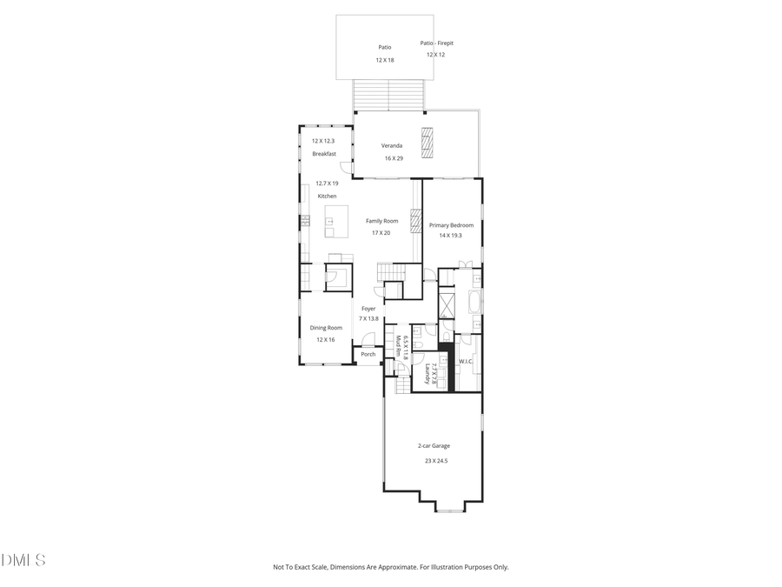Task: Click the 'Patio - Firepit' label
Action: [437, 43]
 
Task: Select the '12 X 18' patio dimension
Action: [385, 60]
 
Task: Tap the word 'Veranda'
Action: [390, 146]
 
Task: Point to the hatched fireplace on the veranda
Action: [427, 143]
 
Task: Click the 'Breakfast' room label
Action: [324, 154]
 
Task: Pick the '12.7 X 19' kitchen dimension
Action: [327, 183]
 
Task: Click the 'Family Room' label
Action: [381, 221]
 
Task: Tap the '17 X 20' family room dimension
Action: [381, 233]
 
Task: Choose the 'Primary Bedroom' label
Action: [451, 225]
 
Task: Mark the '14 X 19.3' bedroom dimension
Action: [451, 236]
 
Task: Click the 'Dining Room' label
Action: [326, 328]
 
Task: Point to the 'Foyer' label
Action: [368, 308]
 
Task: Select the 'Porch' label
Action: [368, 354]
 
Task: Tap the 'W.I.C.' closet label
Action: [465, 362]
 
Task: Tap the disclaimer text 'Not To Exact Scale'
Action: [306, 567]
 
